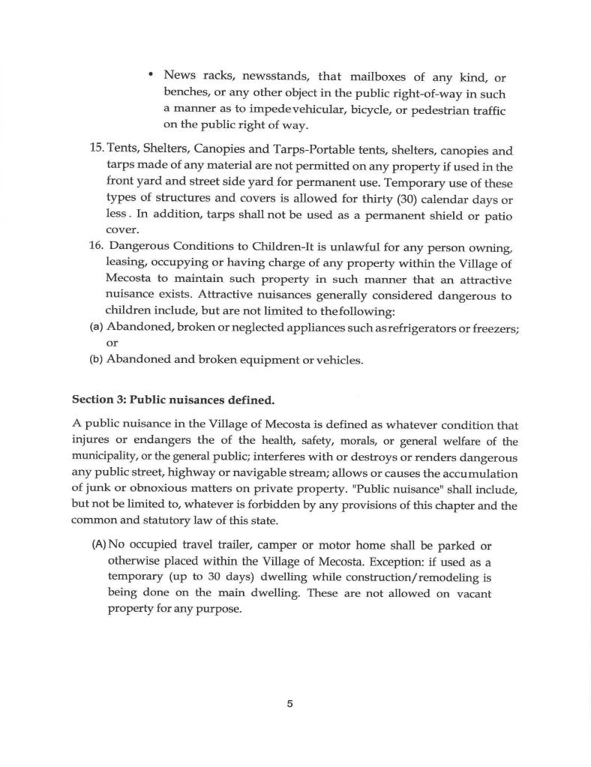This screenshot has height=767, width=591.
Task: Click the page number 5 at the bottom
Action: point(289,703)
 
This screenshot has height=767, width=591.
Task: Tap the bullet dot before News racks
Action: point(151,74)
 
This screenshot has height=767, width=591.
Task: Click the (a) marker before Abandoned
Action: point(96,327)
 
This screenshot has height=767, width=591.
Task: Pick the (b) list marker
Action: point(96,359)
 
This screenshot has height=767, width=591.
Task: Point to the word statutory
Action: point(160,520)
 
